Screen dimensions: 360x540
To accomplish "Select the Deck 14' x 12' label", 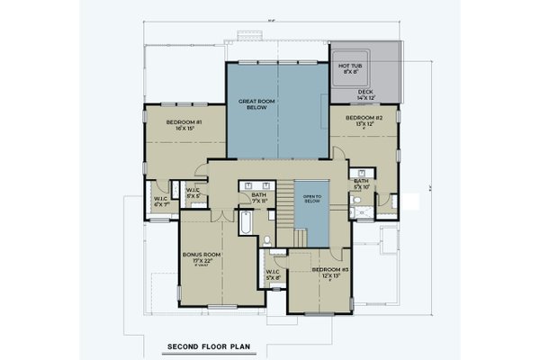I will click(x=365, y=94).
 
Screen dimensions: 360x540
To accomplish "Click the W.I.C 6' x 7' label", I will click(x=162, y=202).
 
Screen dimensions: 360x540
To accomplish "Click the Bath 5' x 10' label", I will click(x=362, y=184).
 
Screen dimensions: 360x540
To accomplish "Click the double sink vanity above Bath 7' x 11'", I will click(x=257, y=184).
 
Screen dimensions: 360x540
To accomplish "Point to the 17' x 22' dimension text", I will click(x=202, y=262).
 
